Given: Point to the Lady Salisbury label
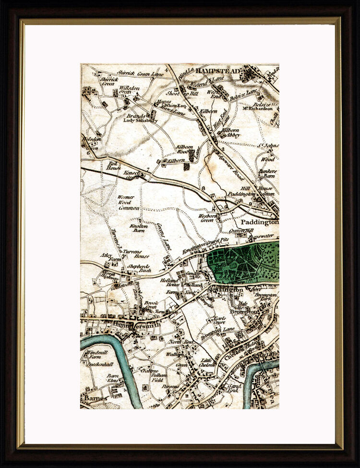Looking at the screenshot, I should [x=140, y=121].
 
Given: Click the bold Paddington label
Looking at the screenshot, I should [x=259, y=223].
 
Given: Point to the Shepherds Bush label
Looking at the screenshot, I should [x=138, y=268].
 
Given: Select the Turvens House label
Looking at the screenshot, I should [x=136, y=253].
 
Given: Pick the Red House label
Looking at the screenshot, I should [x=114, y=166].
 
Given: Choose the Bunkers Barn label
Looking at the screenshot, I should [x=267, y=173].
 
